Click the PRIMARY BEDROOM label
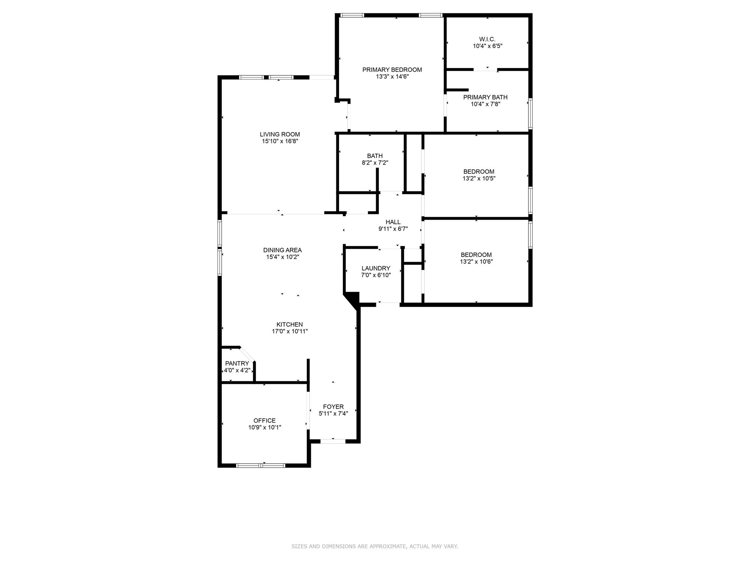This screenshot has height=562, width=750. tap(392, 70)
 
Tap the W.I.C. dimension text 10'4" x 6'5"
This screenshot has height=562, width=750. tap(487, 46)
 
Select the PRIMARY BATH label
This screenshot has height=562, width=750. tap(485, 97)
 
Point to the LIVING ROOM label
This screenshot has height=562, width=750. tap(280, 134)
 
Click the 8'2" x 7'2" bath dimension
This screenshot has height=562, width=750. tap(375, 163)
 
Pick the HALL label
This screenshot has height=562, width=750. tap(393, 222)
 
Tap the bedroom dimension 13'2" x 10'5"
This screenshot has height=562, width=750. tap(479, 179)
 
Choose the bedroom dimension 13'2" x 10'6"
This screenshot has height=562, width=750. tap(476, 262)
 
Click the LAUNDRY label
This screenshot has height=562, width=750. tap(376, 268)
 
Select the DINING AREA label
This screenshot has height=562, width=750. tap(282, 250)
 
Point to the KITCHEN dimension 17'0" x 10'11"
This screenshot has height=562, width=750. tap(289, 331)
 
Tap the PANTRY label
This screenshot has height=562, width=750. tap(237, 363)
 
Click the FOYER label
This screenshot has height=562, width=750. tap(333, 406)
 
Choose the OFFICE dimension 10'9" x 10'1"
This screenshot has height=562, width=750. tap(264, 427)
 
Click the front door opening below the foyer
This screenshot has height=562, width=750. tap(333, 441)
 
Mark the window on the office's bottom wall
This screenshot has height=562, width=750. tap(260, 465)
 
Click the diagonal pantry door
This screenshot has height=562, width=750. tap(247, 354)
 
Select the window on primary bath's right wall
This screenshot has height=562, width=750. tap(530, 113)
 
